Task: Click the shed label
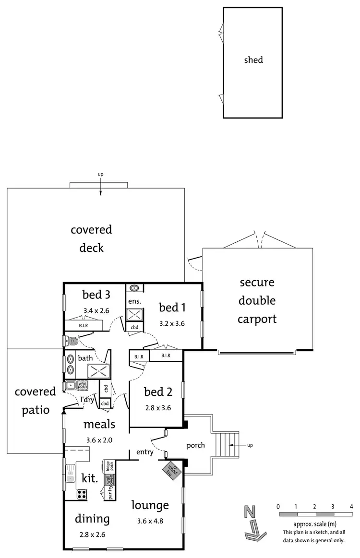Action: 253,60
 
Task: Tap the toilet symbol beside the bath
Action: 71,341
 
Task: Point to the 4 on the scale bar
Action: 352,507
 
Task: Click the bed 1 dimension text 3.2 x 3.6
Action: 172,323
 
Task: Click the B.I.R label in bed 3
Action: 84,326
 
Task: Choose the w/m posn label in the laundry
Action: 83,385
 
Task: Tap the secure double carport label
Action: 257,300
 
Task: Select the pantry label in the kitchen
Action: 110,493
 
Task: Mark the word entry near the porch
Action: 144,452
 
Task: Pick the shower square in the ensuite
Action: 132,315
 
